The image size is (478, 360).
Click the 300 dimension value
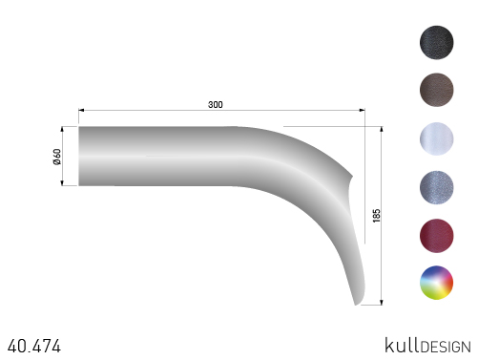(x=216, y=104)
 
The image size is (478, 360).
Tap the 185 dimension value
(x=376, y=216)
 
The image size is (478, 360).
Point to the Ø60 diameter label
(x=57, y=157)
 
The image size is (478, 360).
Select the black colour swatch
(x=436, y=42)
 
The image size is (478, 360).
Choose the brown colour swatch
(x=436, y=90)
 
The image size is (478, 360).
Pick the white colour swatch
(x=436, y=138)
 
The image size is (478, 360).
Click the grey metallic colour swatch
(x=436, y=187)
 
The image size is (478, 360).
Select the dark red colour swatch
(x=436, y=236)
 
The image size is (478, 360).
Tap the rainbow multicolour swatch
(x=436, y=283)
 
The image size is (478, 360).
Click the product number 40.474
(x=34, y=346)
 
